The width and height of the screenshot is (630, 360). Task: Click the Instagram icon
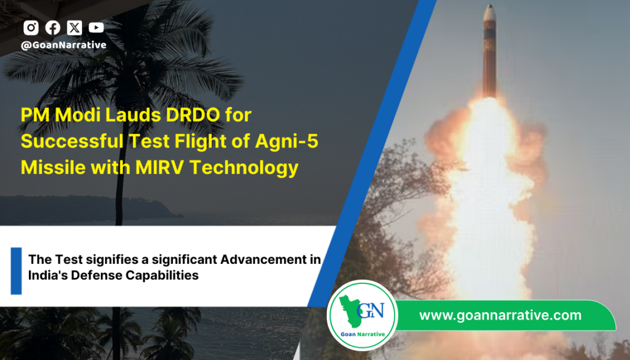(x=31, y=28)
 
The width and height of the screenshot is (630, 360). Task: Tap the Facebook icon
(x=52, y=28)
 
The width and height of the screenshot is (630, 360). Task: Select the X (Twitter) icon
(x=74, y=28)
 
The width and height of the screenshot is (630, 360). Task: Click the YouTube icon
(x=96, y=28)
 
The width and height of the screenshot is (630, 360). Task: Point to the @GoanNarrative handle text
(x=64, y=45)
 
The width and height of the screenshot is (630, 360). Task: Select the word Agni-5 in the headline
(x=287, y=142)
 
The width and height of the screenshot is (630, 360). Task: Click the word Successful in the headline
(x=72, y=142)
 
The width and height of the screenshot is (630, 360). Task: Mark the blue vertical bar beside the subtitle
(x=16, y=271)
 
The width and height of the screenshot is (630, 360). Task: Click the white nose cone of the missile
(x=490, y=12)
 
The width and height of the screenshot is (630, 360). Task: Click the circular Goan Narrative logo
(x=362, y=315)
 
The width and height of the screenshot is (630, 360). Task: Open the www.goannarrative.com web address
(x=500, y=315)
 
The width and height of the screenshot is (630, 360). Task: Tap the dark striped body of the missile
(x=490, y=58)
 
